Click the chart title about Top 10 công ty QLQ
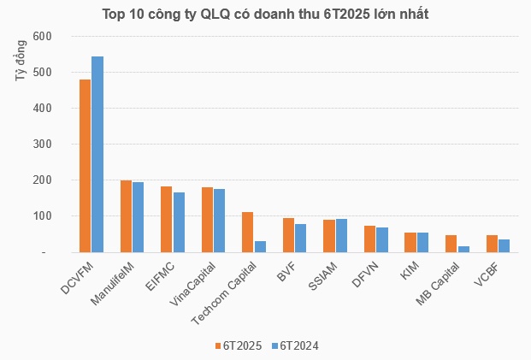click(x=265, y=15)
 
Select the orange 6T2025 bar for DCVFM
click(x=85, y=166)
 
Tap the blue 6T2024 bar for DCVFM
click(x=97, y=155)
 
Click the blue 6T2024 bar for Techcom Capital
click(x=260, y=247)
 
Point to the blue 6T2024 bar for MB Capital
click(x=463, y=250)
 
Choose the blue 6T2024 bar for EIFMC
click(x=179, y=222)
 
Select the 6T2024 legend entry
click(x=295, y=346)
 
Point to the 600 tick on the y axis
click(x=42, y=37)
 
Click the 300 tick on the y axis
click(x=42, y=145)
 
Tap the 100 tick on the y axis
click(x=42, y=216)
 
